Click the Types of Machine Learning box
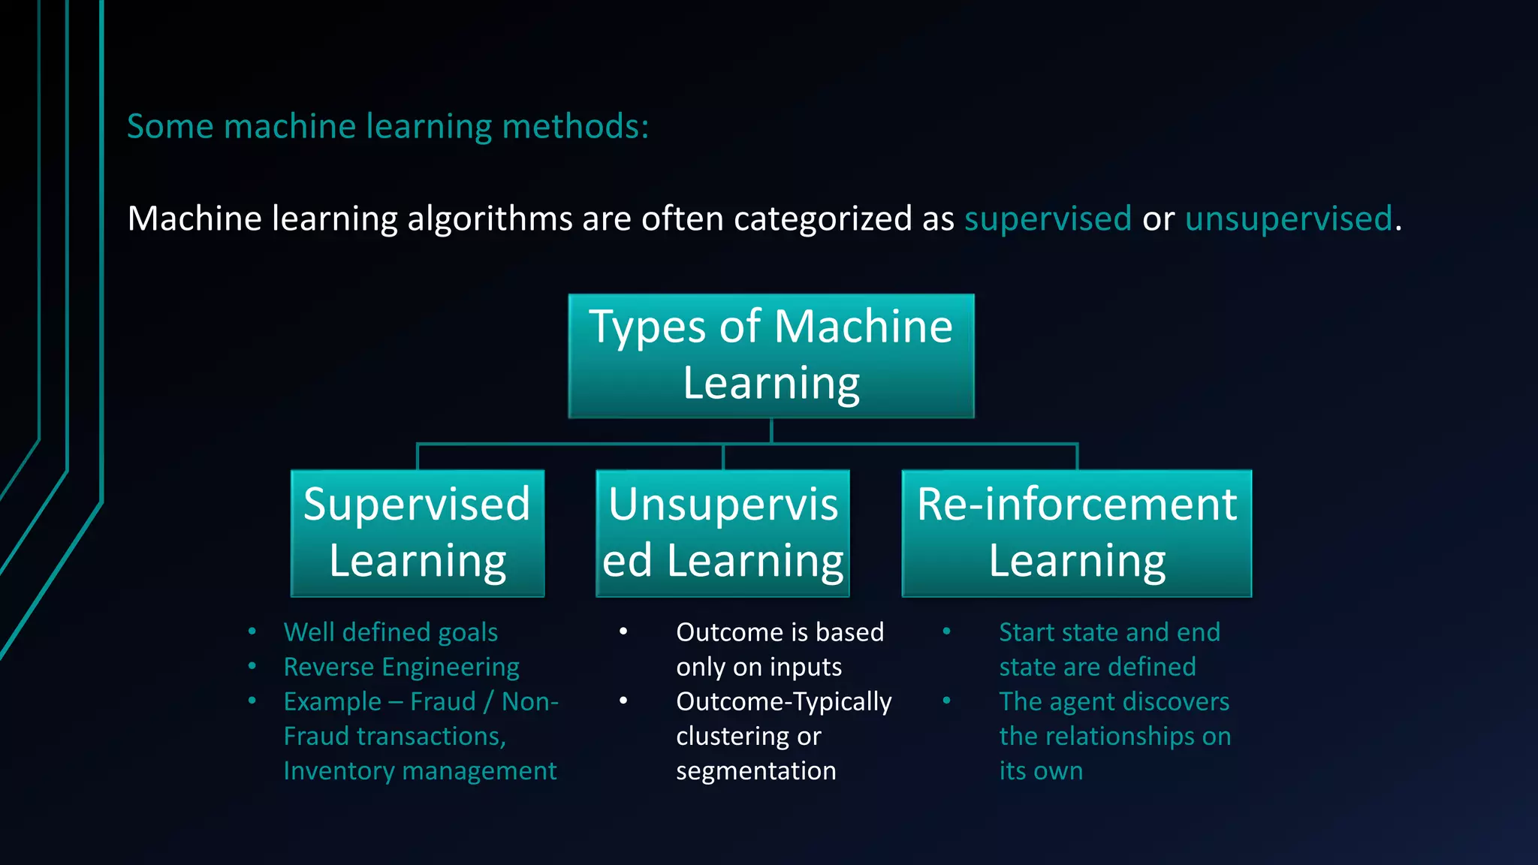tap(771, 355)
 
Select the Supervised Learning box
tap(418, 532)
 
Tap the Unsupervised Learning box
tap(722, 532)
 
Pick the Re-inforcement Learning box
tap(1076, 532)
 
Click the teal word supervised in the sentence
tap(1048, 219)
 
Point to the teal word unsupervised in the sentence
tap(1289, 219)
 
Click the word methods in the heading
tap(575, 126)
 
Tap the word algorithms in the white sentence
tap(490, 219)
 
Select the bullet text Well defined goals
tap(391, 632)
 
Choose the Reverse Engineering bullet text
tap(401, 667)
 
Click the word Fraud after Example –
tap(443, 701)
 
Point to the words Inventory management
tap(420, 770)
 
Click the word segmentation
tap(755, 770)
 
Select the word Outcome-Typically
tap(783, 701)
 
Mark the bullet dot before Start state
tap(947, 632)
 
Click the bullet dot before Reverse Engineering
tap(252, 667)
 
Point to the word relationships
tap(1122, 736)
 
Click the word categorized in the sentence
tap(822, 219)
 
